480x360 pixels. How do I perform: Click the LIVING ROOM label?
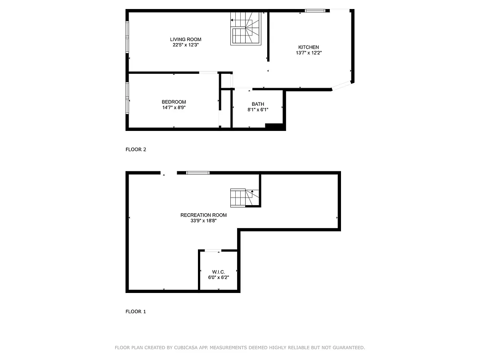185,39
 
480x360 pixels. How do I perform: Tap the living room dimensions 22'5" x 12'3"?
185,45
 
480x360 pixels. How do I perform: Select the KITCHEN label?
309,47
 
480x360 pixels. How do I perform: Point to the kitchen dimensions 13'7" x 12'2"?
309,53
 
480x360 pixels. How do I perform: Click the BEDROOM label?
174,102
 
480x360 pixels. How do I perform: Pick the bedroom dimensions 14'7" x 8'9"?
174,108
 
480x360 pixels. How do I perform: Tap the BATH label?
258,104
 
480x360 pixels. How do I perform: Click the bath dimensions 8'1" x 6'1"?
258,110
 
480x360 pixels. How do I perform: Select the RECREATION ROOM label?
203,215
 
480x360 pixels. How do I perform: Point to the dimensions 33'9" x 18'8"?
203,221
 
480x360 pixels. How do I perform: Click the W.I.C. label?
218,272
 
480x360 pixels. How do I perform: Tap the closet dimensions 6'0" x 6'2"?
218,278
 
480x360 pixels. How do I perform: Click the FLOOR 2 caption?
136,150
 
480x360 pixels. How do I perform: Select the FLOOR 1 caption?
136,311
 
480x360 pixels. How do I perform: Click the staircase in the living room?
246,28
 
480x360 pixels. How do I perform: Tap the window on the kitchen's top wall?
315,10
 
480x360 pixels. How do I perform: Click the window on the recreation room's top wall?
198,172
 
